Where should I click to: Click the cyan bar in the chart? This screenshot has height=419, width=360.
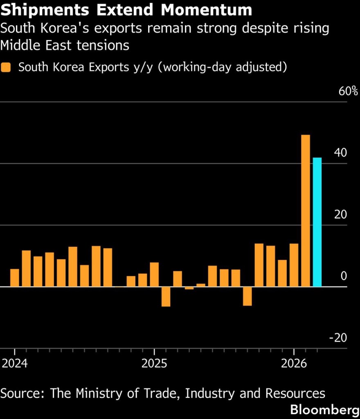(x=317, y=222)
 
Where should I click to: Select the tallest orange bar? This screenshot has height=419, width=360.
(x=306, y=210)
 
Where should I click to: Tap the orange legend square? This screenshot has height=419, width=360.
(x=6, y=67)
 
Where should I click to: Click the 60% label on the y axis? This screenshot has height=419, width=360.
(x=348, y=91)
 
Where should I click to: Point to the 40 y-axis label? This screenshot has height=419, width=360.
(x=340, y=153)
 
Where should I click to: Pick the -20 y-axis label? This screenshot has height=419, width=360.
(x=338, y=338)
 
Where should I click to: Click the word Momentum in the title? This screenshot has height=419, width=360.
(x=205, y=10)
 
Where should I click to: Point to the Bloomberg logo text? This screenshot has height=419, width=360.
(x=325, y=410)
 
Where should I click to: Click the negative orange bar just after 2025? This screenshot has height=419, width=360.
(x=166, y=296)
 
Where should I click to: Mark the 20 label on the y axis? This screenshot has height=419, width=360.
(x=340, y=214)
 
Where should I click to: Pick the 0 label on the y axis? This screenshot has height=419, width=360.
(x=344, y=276)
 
